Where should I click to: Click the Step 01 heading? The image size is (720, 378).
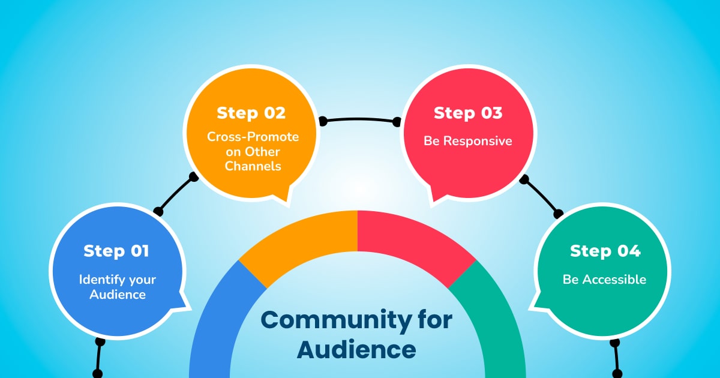point(116,251)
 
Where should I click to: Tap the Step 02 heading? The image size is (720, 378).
point(251,113)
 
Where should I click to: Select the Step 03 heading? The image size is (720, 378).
point(468,113)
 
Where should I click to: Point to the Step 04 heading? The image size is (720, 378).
point(605,251)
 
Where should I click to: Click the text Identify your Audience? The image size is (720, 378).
point(117,287)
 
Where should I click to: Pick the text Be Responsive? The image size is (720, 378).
point(468,141)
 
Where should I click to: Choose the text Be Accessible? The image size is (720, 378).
point(604,279)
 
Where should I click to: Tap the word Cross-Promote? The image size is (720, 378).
point(253,137)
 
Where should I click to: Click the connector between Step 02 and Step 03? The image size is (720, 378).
point(360,119)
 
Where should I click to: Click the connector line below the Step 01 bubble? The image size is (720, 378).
point(98,358)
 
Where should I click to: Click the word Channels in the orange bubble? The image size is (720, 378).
point(253,166)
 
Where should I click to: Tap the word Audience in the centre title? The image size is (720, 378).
point(356,349)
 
